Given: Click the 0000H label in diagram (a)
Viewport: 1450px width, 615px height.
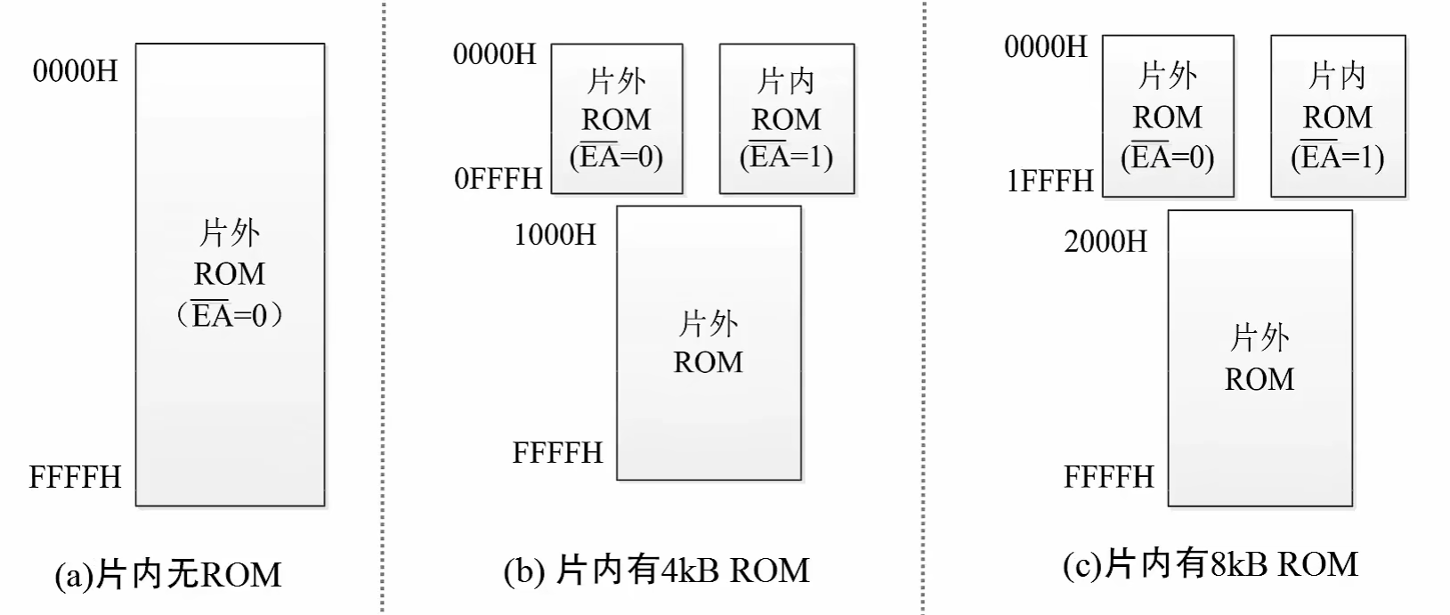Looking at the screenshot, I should (x=76, y=70).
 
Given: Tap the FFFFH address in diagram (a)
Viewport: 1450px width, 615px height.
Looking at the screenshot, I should (x=76, y=477).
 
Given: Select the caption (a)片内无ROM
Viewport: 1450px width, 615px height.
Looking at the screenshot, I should (x=168, y=575).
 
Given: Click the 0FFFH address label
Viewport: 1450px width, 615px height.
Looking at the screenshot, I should (x=498, y=178).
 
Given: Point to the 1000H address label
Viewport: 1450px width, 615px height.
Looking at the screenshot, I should (x=555, y=235).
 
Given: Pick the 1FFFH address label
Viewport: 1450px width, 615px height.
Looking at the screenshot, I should (x=1050, y=181).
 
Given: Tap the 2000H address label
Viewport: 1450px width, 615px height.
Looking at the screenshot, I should (x=1106, y=241).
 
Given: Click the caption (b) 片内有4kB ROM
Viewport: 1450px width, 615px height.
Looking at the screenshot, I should (x=657, y=570).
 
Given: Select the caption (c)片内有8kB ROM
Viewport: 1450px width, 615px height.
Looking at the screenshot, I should (x=1211, y=564).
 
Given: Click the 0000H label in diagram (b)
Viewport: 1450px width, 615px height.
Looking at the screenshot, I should (x=495, y=54).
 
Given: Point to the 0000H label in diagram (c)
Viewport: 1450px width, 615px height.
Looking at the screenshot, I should (x=1046, y=46).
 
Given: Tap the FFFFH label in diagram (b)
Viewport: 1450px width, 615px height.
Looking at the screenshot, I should (x=558, y=453).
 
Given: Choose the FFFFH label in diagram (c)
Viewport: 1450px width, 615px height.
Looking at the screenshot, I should (x=1109, y=477).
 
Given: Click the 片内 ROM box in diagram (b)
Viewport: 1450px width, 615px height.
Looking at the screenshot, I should (x=787, y=118).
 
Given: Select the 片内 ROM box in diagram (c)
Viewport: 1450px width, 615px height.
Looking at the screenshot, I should (x=1338, y=116).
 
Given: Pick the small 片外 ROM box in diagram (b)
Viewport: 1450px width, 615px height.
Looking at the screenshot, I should (x=617, y=118).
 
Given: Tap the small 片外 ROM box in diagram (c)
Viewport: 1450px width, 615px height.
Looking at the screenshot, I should (x=1168, y=116).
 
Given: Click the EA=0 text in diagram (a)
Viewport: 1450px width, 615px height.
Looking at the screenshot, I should (x=230, y=315).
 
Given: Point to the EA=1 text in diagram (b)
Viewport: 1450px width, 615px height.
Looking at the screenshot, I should (x=787, y=158).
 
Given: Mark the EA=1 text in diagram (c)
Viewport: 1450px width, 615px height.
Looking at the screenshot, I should (x=1338, y=158).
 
